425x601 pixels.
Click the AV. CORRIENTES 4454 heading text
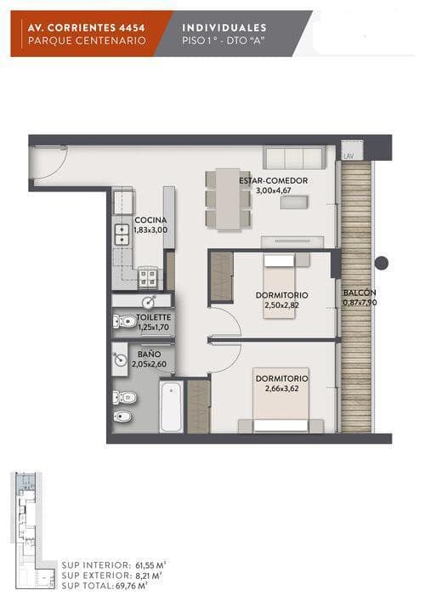(86, 27)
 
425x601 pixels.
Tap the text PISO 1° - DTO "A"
(224, 41)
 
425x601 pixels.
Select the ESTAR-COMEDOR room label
(273, 180)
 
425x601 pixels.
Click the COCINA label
(150, 220)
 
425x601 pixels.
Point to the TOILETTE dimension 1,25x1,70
(153, 327)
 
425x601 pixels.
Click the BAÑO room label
(149, 354)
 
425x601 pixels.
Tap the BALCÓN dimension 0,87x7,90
(360, 303)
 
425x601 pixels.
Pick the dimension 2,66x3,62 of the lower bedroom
(281, 388)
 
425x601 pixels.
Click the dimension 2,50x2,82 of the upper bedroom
(281, 305)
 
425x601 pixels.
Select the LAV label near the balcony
(348, 156)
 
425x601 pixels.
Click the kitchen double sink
(122, 234)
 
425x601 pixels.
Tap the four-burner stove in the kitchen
(148, 278)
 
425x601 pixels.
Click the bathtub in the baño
(171, 405)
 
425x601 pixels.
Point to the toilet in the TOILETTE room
(124, 321)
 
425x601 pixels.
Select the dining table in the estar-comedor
(228, 199)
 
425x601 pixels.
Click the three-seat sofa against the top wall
(294, 157)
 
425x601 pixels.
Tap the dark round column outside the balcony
(381, 263)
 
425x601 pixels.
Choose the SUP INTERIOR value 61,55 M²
(150, 565)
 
